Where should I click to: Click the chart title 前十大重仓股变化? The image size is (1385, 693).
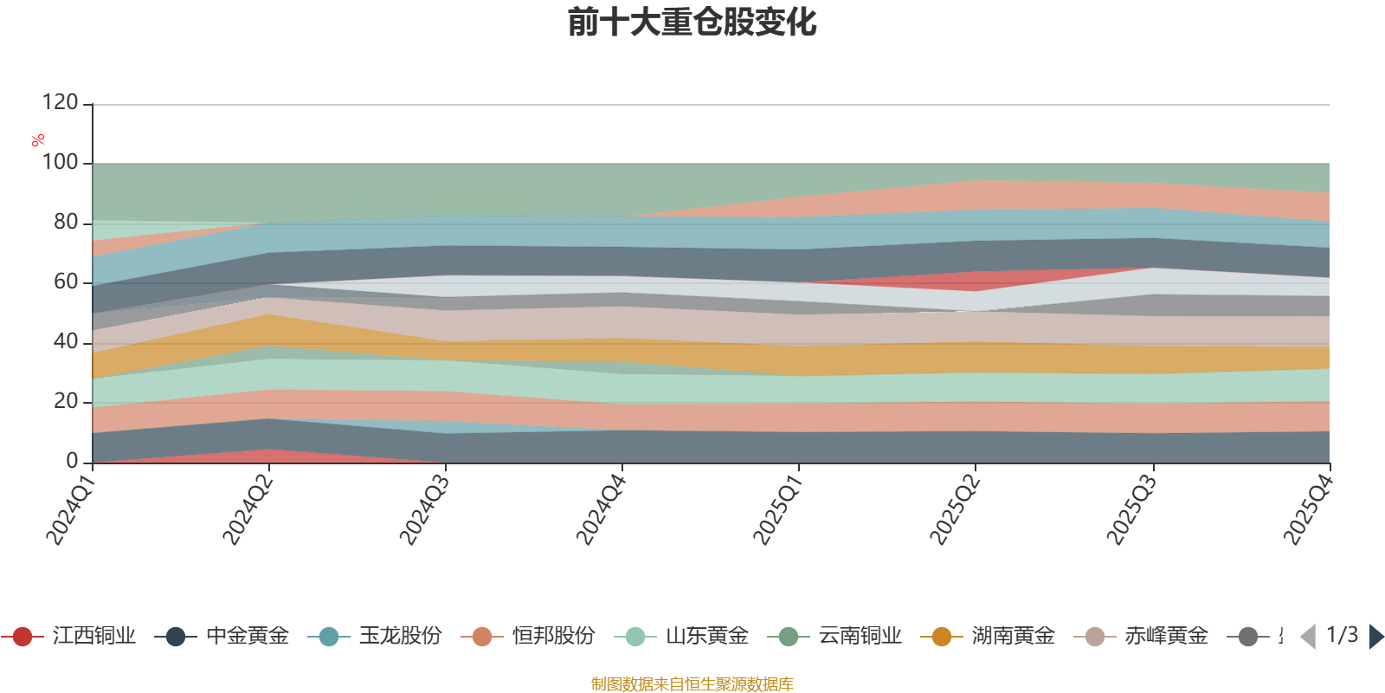click(692, 23)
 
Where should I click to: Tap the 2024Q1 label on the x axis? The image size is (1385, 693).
click(70, 510)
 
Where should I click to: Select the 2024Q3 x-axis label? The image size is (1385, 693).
click(423, 510)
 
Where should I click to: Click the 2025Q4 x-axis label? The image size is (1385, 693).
click(1307, 510)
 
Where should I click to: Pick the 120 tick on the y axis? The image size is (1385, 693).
click(60, 103)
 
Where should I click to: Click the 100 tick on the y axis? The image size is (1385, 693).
click(60, 163)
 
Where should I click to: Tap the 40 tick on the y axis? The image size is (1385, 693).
click(65, 341)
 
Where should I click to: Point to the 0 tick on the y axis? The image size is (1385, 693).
click(72, 461)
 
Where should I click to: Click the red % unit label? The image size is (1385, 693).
click(38, 139)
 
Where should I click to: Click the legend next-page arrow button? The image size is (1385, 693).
click(1375, 637)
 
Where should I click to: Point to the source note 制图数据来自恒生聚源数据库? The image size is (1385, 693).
click(692, 684)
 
